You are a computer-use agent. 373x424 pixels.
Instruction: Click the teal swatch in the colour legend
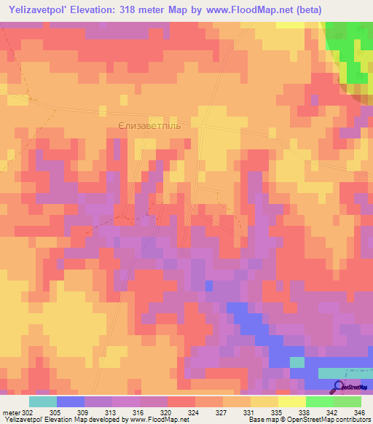pyautogui.click(x=43, y=401)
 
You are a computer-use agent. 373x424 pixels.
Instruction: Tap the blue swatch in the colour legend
pyautogui.click(x=71, y=401)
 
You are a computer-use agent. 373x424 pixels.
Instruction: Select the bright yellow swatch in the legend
pyautogui.click(x=291, y=401)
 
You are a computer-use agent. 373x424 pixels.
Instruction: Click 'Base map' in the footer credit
pyautogui.click(x=261, y=420)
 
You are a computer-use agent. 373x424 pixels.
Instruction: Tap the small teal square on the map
pyautogui.click(x=297, y=362)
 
